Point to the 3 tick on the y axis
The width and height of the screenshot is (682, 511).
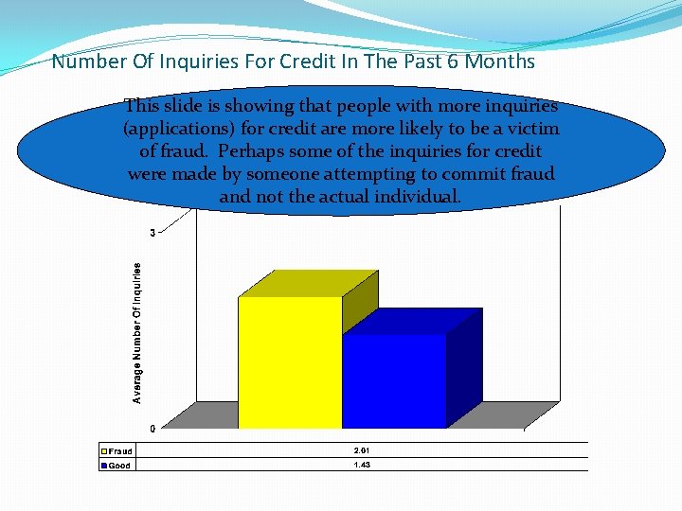click(152, 233)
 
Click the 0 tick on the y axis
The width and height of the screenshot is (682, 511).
click(153, 429)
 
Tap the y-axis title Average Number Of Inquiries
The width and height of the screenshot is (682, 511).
click(137, 333)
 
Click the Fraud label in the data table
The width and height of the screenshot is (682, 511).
click(120, 451)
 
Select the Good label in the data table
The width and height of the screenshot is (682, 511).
click(119, 466)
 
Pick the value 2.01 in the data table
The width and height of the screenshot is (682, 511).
click(362, 450)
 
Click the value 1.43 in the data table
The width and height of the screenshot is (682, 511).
click(362, 465)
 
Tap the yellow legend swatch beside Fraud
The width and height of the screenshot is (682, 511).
click(105, 451)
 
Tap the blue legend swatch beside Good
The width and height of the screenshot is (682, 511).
click(105, 466)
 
